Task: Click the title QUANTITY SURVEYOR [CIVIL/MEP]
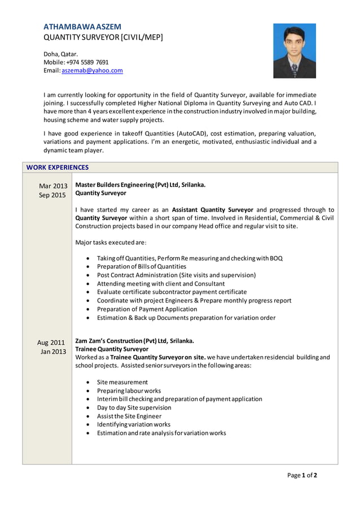pos(103,37)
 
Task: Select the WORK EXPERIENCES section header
pos(58,168)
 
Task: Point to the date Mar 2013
pos(53,186)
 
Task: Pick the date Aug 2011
pos(51,342)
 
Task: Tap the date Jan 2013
pos(52,352)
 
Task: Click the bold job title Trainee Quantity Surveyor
pos(112,349)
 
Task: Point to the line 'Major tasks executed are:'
pos(111,243)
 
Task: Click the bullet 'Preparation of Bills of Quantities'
pos(141,266)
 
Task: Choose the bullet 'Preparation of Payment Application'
pos(147,309)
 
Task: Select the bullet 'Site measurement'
pos(122,382)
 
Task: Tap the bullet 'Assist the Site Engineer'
pos(129,416)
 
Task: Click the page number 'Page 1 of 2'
pos(302,475)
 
